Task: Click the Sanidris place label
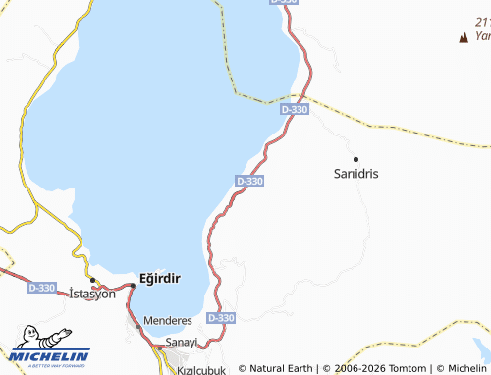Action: (356, 173)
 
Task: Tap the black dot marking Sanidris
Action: (356, 158)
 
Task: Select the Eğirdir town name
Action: (160, 278)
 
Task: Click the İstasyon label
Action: (92, 294)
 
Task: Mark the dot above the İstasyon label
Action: (92, 281)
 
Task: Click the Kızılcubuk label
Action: (200, 370)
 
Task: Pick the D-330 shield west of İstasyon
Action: (41, 288)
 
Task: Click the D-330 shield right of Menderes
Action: (222, 318)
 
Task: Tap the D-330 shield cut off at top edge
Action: (282, 3)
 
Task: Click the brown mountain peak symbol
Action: (463, 38)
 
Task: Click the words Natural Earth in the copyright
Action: (281, 369)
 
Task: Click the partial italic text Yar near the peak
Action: (482, 35)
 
